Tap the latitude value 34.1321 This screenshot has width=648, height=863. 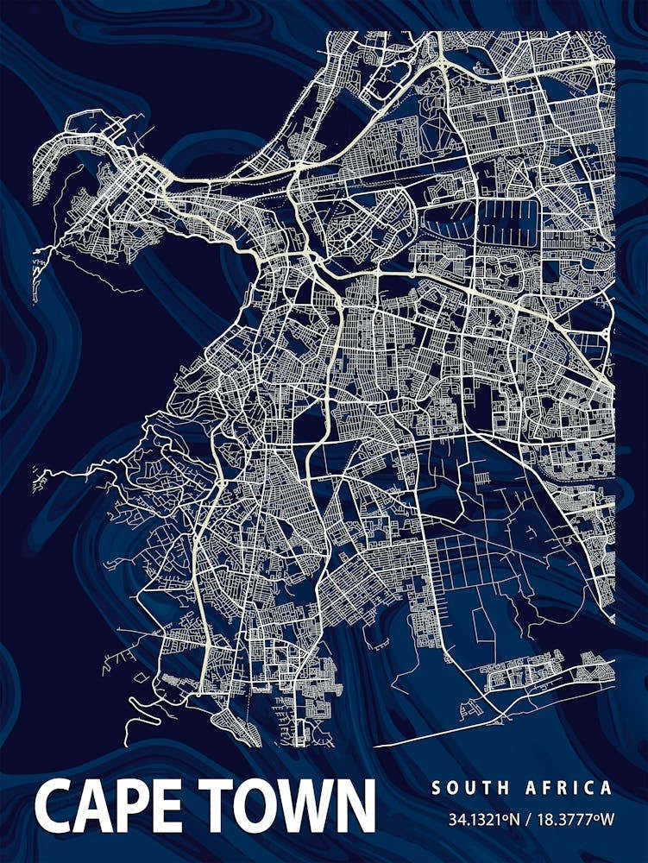[x=477, y=816]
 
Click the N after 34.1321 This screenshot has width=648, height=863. [x=512, y=816]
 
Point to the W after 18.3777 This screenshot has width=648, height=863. [x=606, y=816]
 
